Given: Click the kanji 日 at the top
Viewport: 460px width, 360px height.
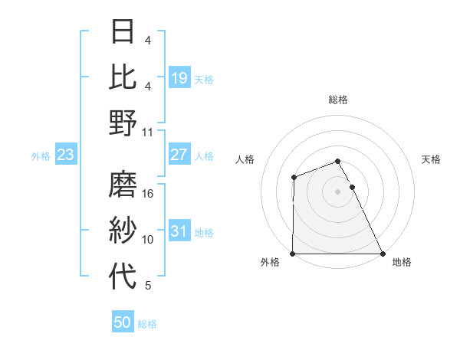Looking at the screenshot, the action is click(x=123, y=33).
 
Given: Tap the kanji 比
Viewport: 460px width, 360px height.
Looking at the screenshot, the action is click(x=123, y=77).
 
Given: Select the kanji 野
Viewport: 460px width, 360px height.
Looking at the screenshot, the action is click(x=123, y=123).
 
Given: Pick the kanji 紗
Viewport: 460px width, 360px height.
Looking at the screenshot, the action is click(x=123, y=231).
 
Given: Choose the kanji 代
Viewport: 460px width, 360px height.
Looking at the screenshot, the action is click(x=123, y=277).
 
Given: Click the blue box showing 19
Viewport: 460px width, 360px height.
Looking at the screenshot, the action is click(x=179, y=77).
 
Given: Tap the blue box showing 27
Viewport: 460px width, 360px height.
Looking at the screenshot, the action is click(x=179, y=155).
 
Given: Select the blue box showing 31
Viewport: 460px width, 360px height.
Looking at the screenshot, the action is click(x=179, y=231).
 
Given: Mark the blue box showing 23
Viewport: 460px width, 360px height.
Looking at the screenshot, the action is click(x=65, y=155).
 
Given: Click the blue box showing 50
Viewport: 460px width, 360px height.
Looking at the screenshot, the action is click(x=123, y=322).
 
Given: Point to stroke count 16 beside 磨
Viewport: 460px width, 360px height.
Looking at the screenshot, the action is click(x=148, y=195).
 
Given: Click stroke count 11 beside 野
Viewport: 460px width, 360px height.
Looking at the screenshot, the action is click(x=148, y=132).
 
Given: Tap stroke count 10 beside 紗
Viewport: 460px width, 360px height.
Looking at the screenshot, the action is click(x=148, y=240).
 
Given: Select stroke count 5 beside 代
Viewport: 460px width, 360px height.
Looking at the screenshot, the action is click(x=148, y=286).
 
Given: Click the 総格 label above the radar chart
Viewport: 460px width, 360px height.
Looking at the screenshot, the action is click(x=338, y=100).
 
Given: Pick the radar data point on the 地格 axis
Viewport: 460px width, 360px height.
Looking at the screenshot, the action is click(x=383, y=254).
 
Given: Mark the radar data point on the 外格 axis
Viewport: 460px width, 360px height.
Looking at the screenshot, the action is click(x=293, y=254).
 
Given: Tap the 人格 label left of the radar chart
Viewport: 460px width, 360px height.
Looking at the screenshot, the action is click(x=245, y=159).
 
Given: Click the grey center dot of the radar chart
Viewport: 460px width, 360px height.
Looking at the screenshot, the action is click(x=338, y=191).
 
